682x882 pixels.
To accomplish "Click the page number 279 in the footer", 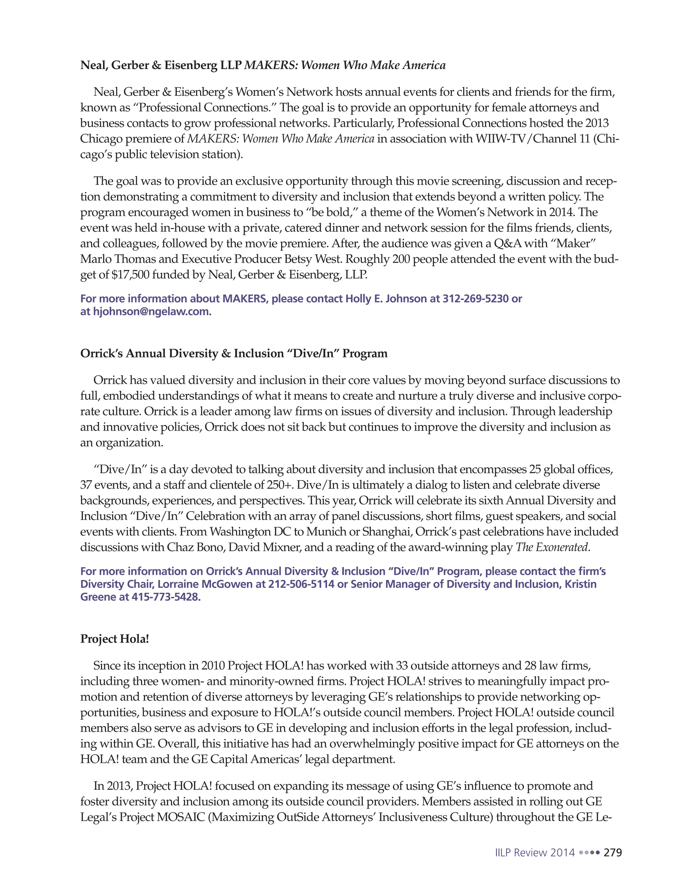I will (x=612, y=852).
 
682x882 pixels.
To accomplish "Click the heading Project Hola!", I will (x=115, y=639).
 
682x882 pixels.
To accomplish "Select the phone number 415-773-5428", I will (x=166, y=597).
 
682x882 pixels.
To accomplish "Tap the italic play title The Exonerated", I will (x=552, y=548).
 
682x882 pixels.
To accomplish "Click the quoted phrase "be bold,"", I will (x=333, y=212).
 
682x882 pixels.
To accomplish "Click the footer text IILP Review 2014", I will (x=534, y=852).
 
